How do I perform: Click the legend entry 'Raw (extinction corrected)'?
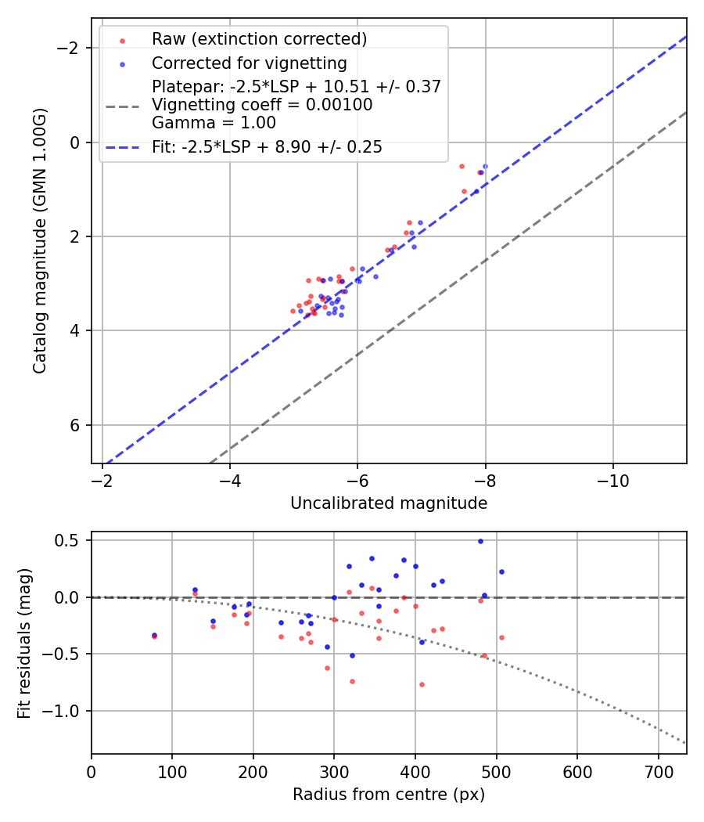[x=259, y=39]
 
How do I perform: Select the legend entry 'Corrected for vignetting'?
[x=249, y=63]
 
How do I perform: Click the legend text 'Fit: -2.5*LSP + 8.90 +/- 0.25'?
[x=267, y=147]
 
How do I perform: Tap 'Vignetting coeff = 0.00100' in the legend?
[x=262, y=105]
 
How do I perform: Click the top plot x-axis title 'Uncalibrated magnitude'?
[x=389, y=503]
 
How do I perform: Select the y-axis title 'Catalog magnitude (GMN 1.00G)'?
[x=40, y=240]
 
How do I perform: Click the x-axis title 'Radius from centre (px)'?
[x=389, y=795]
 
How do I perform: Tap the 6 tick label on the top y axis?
[x=76, y=425]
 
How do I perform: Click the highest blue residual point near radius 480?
[x=480, y=541]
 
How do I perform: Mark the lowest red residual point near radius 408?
[x=422, y=684]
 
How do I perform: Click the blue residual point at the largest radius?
[x=501, y=571]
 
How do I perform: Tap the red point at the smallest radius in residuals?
[x=154, y=636]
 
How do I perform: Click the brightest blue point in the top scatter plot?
[x=485, y=166]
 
